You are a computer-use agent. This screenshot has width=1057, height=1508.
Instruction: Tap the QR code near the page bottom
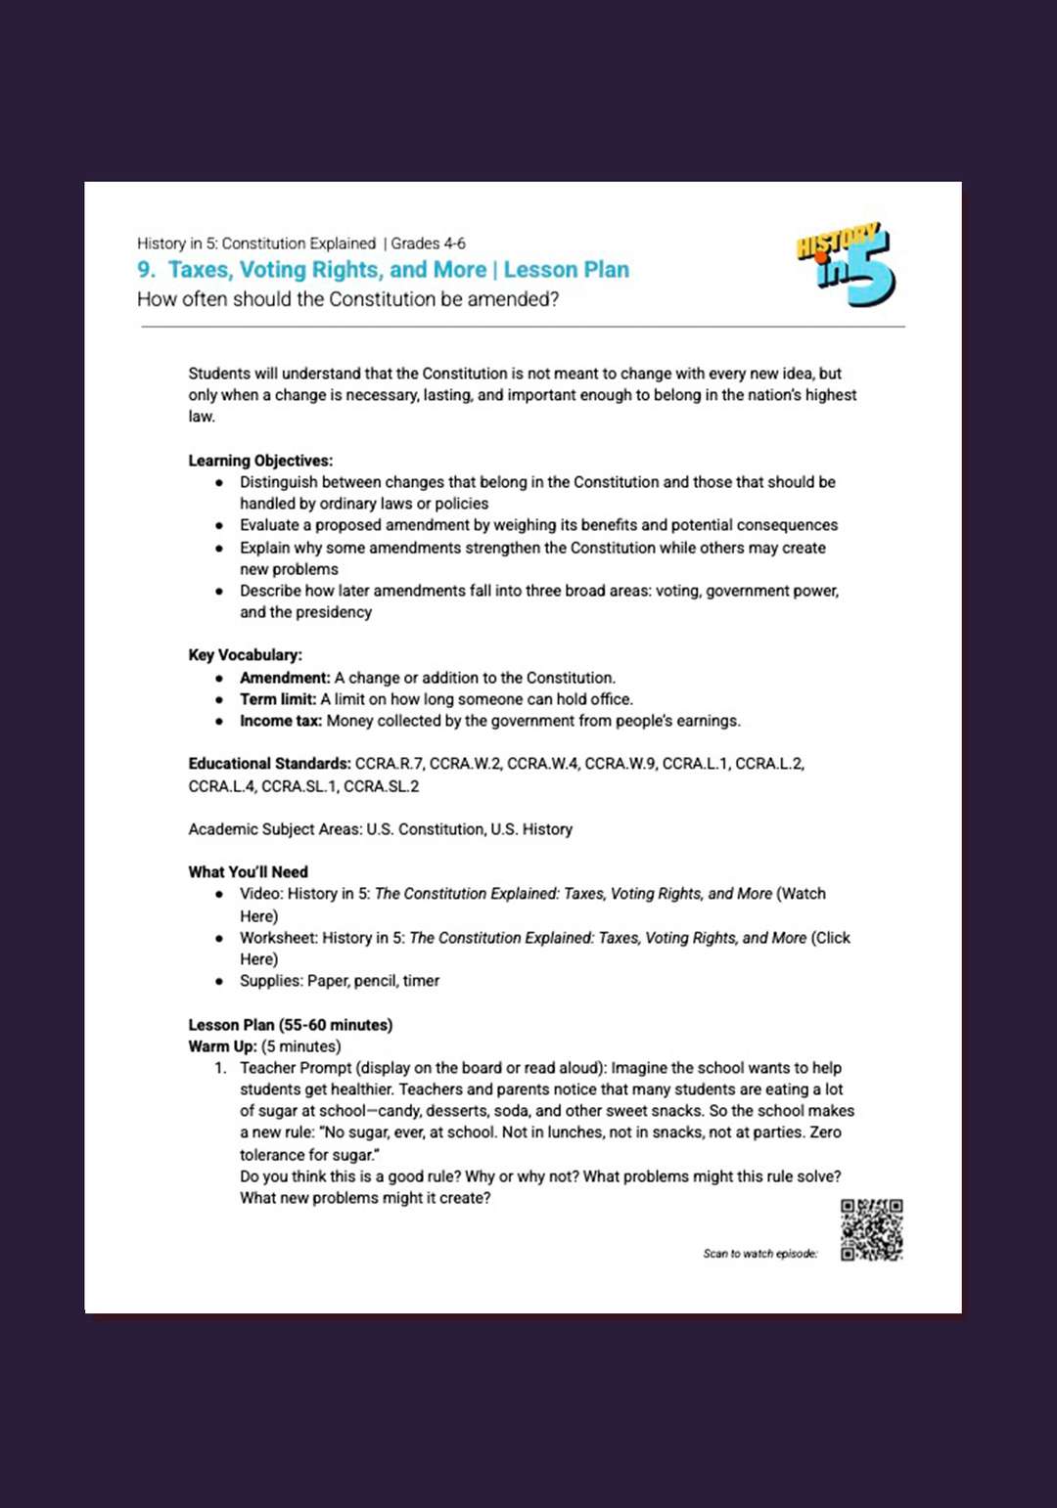(x=871, y=1229)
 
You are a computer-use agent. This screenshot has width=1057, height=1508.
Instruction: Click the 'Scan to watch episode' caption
(x=759, y=1254)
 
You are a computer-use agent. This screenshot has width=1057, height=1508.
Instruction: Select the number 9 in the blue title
(x=145, y=270)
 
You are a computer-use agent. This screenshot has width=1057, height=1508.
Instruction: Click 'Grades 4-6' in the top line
(x=428, y=244)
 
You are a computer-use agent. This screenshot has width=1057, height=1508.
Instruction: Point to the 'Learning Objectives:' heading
(x=260, y=461)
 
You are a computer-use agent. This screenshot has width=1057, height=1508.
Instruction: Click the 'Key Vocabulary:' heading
(x=245, y=655)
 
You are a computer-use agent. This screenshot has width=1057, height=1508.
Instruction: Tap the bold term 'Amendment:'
(x=285, y=678)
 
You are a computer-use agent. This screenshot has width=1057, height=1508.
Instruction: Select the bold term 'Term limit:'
(x=278, y=699)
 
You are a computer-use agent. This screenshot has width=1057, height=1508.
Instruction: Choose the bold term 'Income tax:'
(x=281, y=721)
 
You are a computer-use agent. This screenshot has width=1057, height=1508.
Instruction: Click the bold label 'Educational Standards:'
(x=269, y=764)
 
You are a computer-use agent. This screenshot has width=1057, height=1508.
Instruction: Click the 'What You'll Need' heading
(x=248, y=872)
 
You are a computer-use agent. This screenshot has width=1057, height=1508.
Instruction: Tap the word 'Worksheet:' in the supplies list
(x=279, y=938)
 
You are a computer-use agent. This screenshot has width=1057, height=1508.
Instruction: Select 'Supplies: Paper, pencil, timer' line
(x=340, y=981)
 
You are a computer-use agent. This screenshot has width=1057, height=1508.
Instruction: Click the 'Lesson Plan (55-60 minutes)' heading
(x=290, y=1025)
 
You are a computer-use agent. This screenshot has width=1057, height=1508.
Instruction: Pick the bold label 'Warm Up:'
(x=222, y=1046)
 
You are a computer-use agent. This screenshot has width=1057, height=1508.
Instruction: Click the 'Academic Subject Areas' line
(x=380, y=829)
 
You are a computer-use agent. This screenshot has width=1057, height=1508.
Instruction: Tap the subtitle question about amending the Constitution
(x=347, y=299)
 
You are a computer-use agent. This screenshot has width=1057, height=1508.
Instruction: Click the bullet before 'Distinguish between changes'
(x=219, y=482)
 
